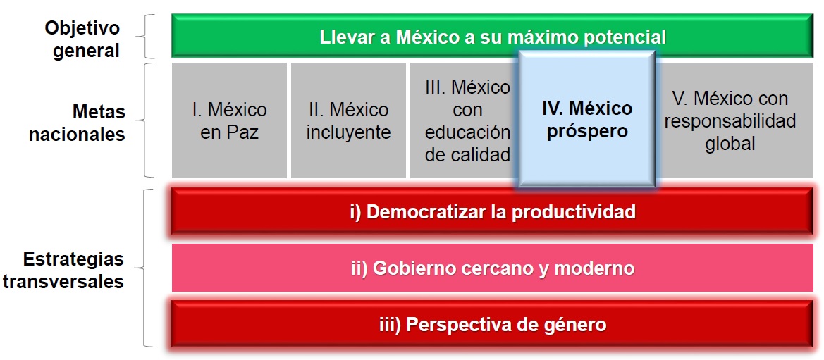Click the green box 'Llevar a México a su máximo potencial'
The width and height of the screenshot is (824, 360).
(352, 36)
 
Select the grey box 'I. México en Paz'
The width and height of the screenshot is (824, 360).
(229, 120)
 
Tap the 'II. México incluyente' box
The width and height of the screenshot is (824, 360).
(348, 120)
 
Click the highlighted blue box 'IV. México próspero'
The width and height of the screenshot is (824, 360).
(586, 120)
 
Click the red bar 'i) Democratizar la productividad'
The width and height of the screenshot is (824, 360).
(493, 211)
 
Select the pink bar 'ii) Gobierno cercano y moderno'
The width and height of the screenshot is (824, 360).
(493, 268)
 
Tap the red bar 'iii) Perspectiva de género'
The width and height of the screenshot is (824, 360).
(493, 325)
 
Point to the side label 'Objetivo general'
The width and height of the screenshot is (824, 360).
(82, 39)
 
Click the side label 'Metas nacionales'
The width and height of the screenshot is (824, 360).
(77, 123)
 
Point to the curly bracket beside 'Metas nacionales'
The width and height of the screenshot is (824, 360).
(147, 120)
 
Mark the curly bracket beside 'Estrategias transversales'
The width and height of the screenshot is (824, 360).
(147, 268)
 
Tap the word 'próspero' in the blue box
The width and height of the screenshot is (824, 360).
(586, 132)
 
